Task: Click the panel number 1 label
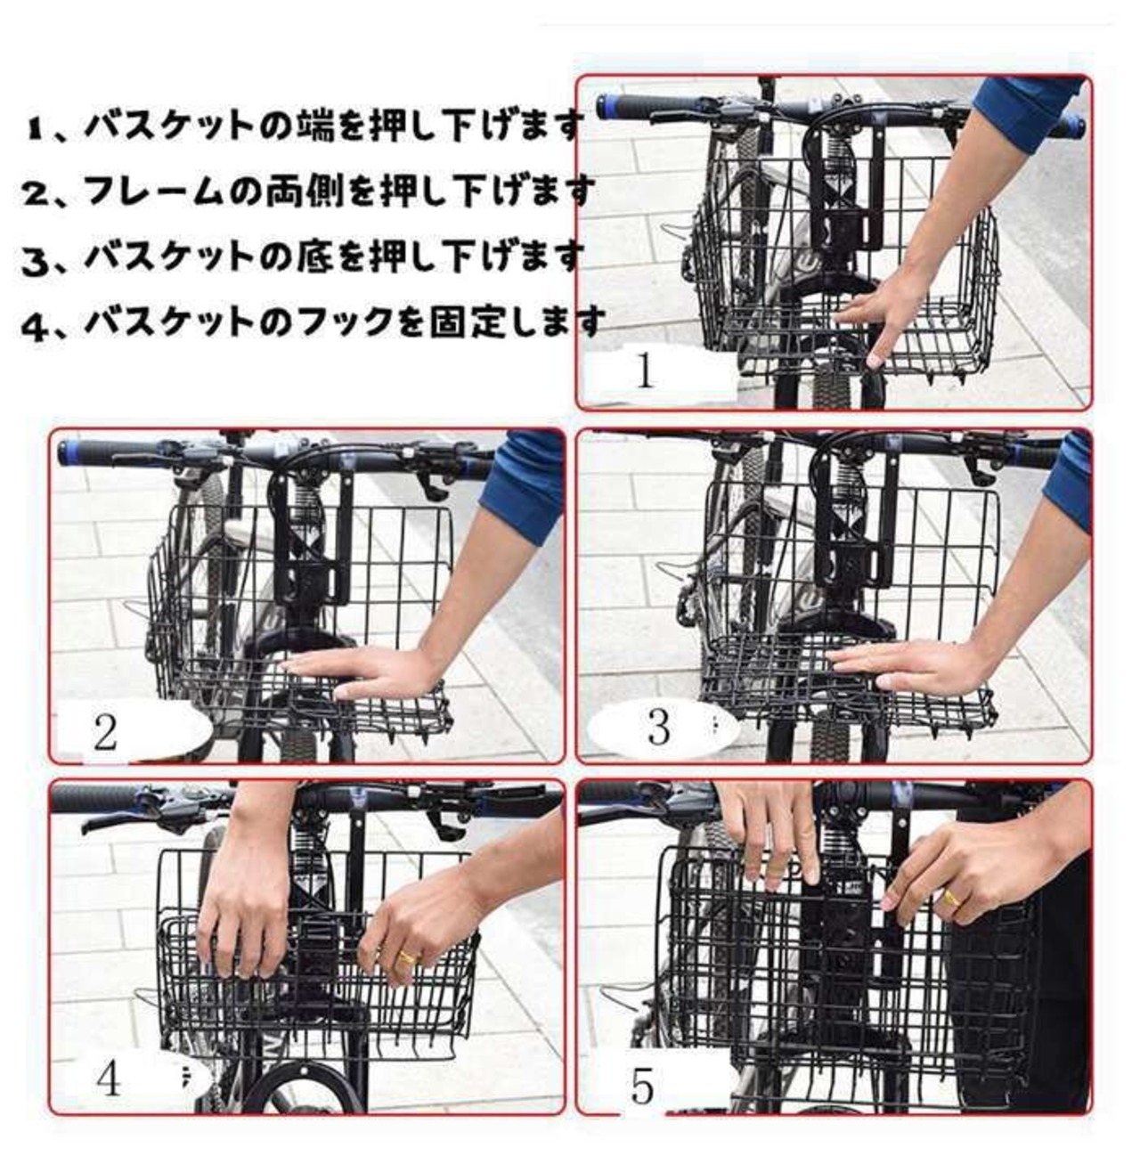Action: [645, 370]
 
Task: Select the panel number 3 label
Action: [658, 727]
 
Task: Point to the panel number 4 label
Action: [108, 1079]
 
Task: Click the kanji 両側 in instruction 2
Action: [289, 191]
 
